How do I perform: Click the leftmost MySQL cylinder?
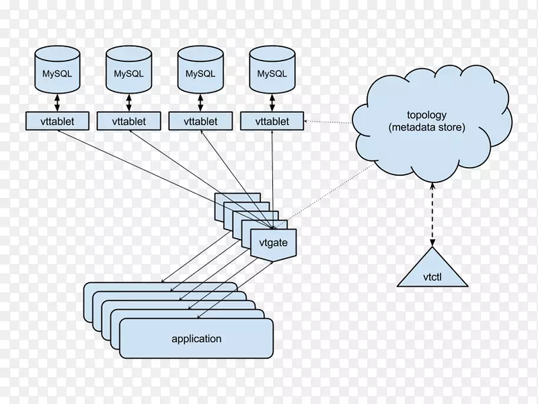tap(57, 70)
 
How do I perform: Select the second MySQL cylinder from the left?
tap(128, 70)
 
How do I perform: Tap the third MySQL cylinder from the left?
tap(200, 70)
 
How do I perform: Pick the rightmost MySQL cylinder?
tap(272, 70)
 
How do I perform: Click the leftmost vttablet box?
tap(57, 121)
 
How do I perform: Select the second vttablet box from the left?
tap(128, 121)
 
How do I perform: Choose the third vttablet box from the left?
tap(200, 121)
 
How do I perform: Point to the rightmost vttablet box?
tap(272, 121)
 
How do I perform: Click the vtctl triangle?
tap(432, 271)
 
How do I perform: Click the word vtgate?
tap(273, 242)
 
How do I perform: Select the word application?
tap(196, 339)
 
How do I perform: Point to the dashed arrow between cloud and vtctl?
tap(432, 215)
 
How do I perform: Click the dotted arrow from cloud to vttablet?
tap(328, 122)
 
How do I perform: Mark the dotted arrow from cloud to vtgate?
tap(325, 195)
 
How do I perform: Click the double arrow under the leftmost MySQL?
tap(57, 102)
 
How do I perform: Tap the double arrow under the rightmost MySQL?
tap(272, 102)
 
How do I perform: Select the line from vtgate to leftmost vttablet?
tap(165, 180)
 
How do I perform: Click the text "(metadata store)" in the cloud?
tap(427, 127)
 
